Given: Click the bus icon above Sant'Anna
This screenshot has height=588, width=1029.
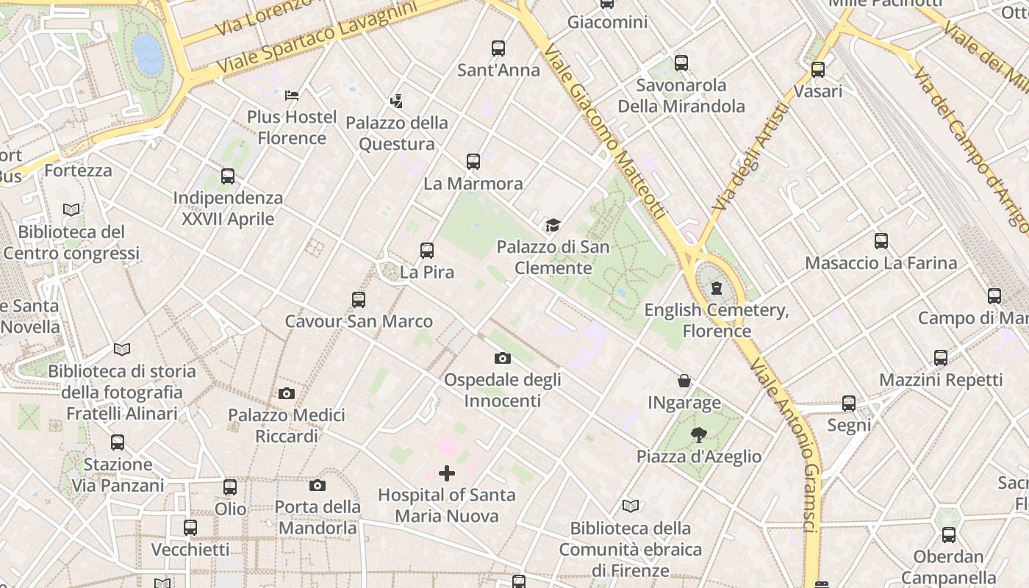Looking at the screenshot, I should pyautogui.click(x=498, y=49).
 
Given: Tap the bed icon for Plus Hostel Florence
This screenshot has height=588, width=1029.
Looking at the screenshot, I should pyautogui.click(x=292, y=95).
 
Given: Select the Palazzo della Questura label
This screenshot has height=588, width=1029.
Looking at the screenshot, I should pyautogui.click(x=396, y=133).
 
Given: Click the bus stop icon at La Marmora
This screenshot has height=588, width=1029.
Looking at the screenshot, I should pyautogui.click(x=473, y=161).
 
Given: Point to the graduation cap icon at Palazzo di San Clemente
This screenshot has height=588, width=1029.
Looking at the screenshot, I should pyautogui.click(x=552, y=225).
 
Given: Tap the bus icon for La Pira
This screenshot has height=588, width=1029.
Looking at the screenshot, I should pyautogui.click(x=427, y=250).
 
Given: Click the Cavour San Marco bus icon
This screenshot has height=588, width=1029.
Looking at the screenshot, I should pyautogui.click(x=359, y=299).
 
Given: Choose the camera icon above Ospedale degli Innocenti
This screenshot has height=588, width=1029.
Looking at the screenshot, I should pyautogui.click(x=503, y=358).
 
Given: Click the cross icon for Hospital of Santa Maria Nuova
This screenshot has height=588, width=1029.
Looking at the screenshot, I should pyautogui.click(x=446, y=473).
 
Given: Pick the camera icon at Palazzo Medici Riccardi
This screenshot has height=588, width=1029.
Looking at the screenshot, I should pyautogui.click(x=287, y=393).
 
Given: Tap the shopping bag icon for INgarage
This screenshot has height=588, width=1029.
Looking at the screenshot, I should pyautogui.click(x=684, y=381).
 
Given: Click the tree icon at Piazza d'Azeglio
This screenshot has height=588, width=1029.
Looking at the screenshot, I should pyautogui.click(x=699, y=434).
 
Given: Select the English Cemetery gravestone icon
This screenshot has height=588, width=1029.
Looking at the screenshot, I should pyautogui.click(x=717, y=288).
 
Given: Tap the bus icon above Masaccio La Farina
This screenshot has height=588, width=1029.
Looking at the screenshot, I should pyautogui.click(x=881, y=240).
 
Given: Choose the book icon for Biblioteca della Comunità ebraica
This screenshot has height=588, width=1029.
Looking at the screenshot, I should pyautogui.click(x=631, y=506).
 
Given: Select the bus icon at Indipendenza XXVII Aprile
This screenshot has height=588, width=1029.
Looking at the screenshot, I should pyautogui.click(x=228, y=176).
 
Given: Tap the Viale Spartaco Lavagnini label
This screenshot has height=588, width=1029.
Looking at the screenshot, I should pyautogui.click(x=316, y=37).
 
